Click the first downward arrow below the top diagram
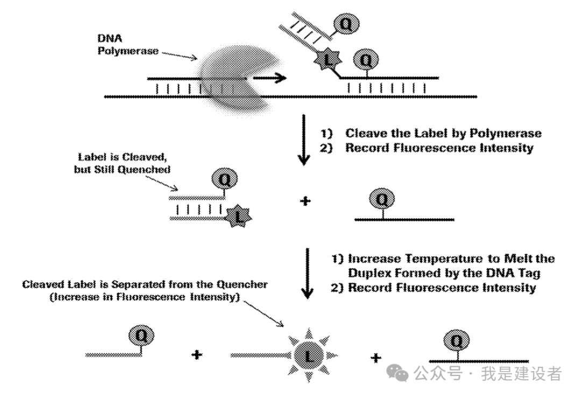point(304,140)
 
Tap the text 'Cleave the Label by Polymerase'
point(443,133)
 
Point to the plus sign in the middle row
point(304,201)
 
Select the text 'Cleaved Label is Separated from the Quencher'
point(145,284)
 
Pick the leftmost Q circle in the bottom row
point(141,336)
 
